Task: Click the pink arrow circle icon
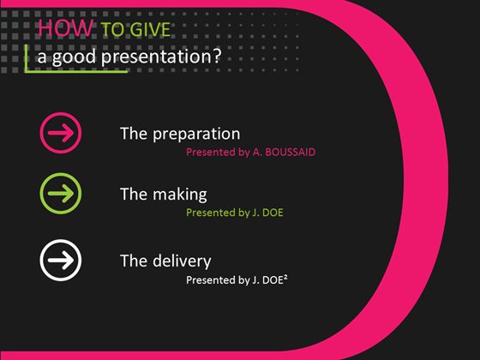point(61,133)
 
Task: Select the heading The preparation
point(180,134)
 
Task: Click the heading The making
point(163,195)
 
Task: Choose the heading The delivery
point(165,260)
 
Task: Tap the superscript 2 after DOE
point(285,276)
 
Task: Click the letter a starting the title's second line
point(40,61)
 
